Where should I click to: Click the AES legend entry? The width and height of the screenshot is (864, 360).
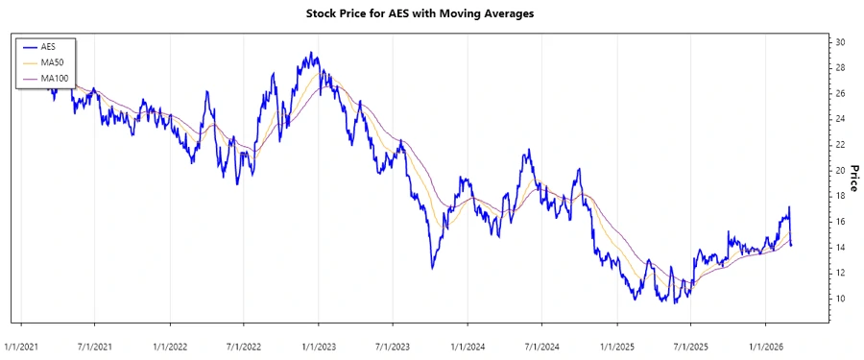tap(48, 46)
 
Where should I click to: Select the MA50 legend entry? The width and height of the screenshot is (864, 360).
tap(52, 61)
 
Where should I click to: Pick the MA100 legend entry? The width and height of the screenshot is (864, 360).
tap(54, 77)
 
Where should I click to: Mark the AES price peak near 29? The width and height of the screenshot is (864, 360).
tap(312, 54)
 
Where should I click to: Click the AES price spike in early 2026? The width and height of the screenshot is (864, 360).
tap(789, 207)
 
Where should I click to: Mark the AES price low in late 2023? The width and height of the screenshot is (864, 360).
tap(432, 268)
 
